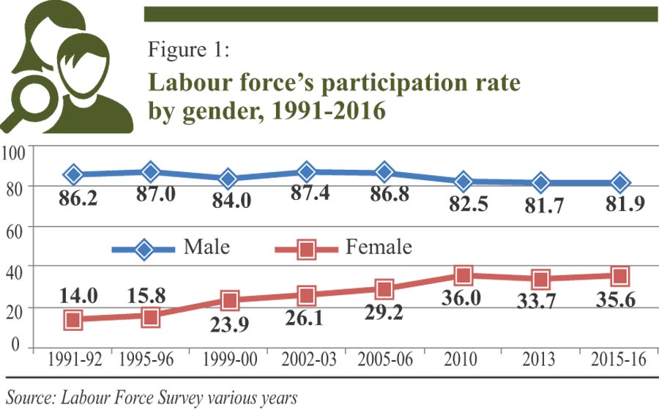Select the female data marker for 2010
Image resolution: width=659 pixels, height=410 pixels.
click(463, 276)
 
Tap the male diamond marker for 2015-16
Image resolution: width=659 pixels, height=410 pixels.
click(619, 182)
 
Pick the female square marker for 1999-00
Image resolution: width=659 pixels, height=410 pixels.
click(229, 300)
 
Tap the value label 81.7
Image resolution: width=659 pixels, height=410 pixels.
click(540, 207)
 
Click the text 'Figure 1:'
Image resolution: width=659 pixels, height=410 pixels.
click(189, 51)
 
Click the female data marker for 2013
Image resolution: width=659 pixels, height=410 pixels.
click(541, 279)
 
